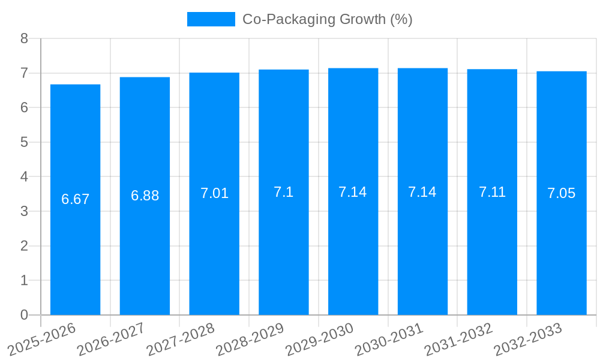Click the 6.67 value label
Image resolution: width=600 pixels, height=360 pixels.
75,199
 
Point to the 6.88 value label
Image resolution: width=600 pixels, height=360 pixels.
145,196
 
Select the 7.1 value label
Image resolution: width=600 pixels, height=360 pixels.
283,192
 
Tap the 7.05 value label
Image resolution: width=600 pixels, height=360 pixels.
561,193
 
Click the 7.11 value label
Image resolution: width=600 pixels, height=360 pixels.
492,192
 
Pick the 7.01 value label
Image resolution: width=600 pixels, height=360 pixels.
214,193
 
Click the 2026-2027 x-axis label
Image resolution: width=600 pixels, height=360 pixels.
112,338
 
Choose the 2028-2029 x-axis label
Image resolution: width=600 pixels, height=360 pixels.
250,338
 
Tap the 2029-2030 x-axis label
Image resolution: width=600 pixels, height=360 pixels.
320,338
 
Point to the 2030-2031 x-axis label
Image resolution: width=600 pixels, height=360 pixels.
389,338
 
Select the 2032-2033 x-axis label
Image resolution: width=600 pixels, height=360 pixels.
528,338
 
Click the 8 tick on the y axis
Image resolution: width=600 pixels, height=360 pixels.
24,38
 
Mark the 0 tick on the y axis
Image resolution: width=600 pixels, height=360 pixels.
24,315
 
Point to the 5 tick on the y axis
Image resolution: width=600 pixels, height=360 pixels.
24,142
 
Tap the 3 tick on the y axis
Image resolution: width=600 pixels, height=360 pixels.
24,211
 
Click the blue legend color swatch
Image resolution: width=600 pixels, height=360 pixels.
211,19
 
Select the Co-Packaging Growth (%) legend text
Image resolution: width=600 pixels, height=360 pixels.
327,19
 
